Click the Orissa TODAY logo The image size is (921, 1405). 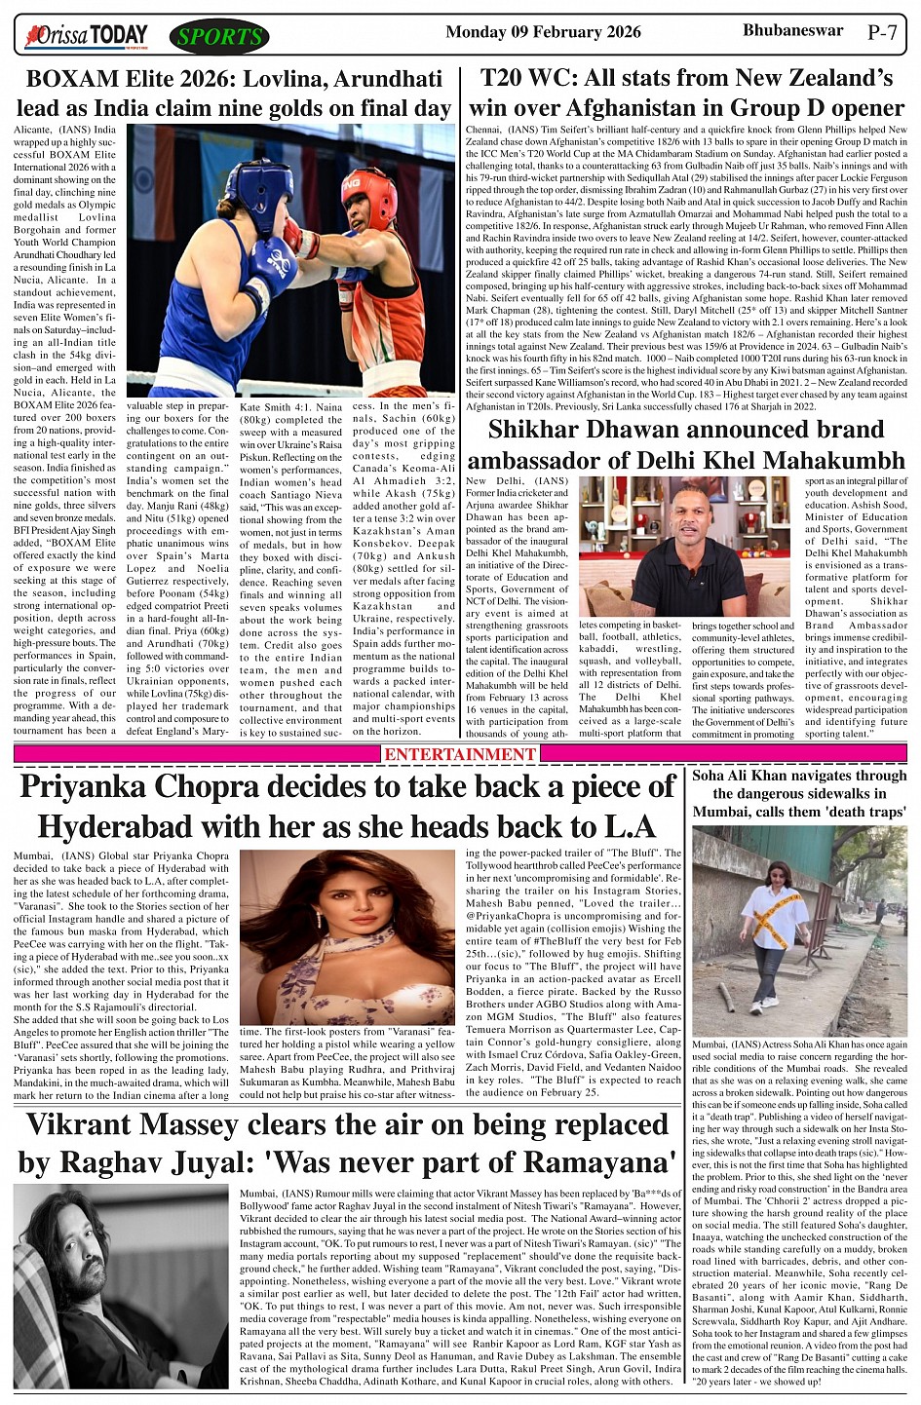(88, 37)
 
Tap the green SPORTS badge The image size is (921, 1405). (218, 37)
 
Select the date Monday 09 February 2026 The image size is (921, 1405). (543, 33)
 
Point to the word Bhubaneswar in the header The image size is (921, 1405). (792, 31)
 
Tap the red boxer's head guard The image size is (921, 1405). (369, 195)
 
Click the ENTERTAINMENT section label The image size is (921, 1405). (460, 754)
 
